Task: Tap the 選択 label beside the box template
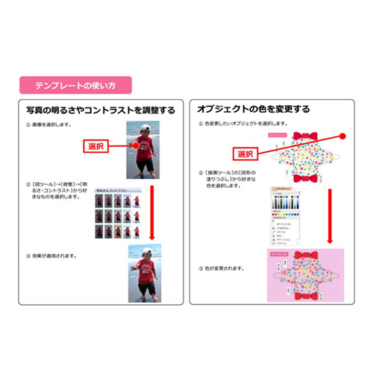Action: pos(245,153)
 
